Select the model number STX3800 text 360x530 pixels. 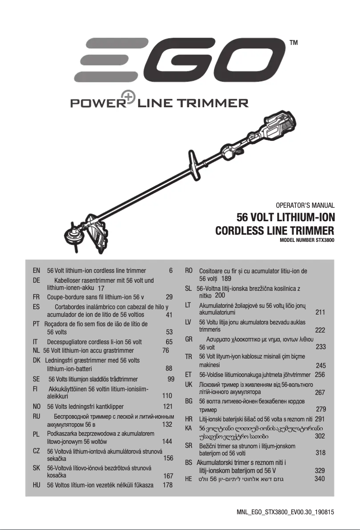tap(307, 240)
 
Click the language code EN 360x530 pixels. tap(37, 271)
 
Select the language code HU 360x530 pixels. tap(37, 485)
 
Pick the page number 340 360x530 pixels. tap(320, 479)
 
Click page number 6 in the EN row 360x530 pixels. tap(171, 271)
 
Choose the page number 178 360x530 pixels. tap(167, 485)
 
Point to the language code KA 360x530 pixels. tap(189, 428)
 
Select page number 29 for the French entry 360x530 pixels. tap(169, 297)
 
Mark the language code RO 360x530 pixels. tap(189, 271)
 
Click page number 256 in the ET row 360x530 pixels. tap(320, 374)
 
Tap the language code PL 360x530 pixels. tap(37, 434)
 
